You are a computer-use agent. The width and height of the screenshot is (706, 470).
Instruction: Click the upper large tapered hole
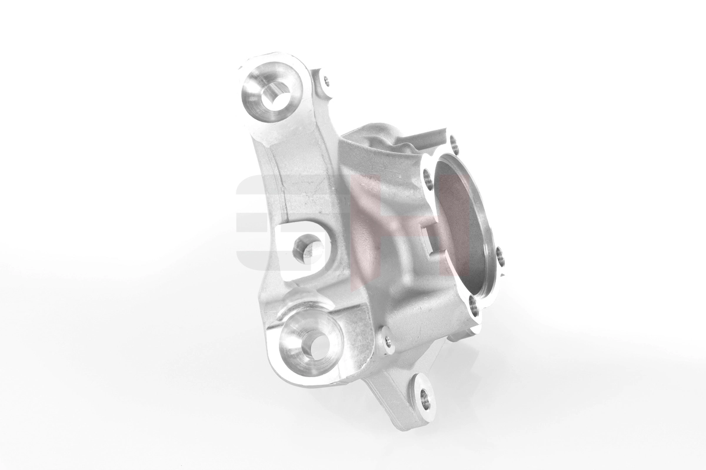[275, 94]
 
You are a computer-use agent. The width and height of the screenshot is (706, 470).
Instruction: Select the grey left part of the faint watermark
[250, 223]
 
